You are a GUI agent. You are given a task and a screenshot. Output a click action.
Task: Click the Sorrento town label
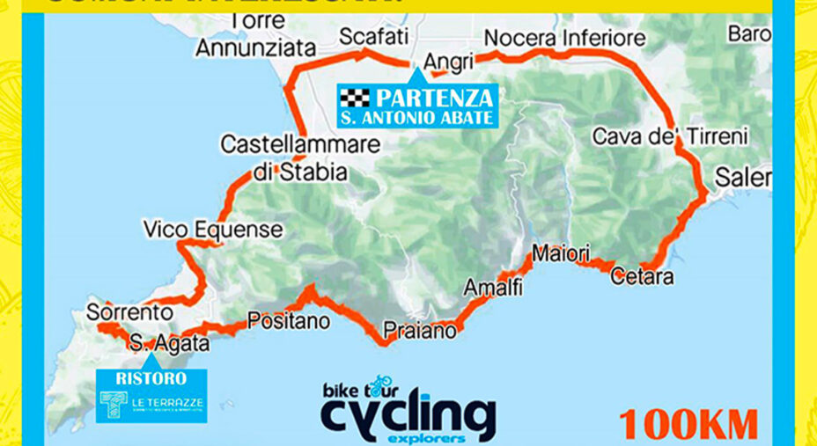pos(129,311)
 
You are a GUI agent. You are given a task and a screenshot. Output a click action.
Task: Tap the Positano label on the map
pos(289,321)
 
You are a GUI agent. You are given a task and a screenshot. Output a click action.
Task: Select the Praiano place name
pos(419,332)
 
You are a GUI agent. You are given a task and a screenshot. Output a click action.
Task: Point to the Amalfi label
pos(493,288)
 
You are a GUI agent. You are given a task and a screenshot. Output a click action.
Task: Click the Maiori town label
pos(561,254)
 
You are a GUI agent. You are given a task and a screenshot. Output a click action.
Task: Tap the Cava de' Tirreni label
pos(669,136)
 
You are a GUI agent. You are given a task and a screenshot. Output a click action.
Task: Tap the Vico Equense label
pos(213,230)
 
